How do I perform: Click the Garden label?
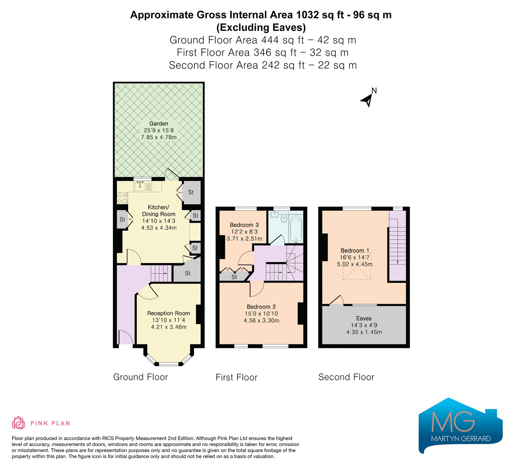coord(159,123)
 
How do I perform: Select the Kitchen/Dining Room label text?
coord(159,210)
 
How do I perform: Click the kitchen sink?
coord(140,186)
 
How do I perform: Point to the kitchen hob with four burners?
coord(123,198)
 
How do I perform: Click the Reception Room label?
coord(168,313)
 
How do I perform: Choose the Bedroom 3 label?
coord(244,225)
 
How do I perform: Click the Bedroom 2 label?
coord(261,307)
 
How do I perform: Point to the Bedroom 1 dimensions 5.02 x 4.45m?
coord(355,264)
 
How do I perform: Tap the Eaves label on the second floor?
coord(364,318)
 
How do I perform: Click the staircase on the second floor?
coord(397,246)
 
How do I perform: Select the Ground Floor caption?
coord(140,377)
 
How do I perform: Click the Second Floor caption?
coord(346,377)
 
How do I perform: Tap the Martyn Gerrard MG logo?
coord(461,426)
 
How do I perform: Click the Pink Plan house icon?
coord(19,423)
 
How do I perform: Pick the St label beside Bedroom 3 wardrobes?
coord(234,277)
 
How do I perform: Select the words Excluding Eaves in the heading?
coord(261,27)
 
